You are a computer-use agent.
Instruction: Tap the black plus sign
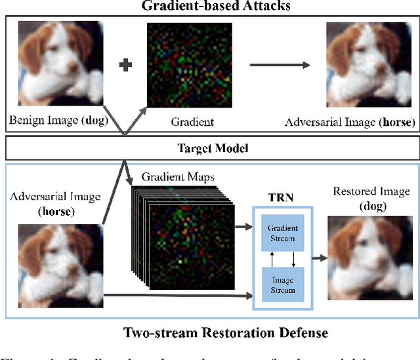(x=125, y=66)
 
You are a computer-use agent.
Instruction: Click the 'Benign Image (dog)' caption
(x=58, y=121)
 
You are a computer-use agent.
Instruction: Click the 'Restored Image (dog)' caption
(x=364, y=197)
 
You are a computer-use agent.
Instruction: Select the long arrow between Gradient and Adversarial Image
(x=279, y=66)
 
